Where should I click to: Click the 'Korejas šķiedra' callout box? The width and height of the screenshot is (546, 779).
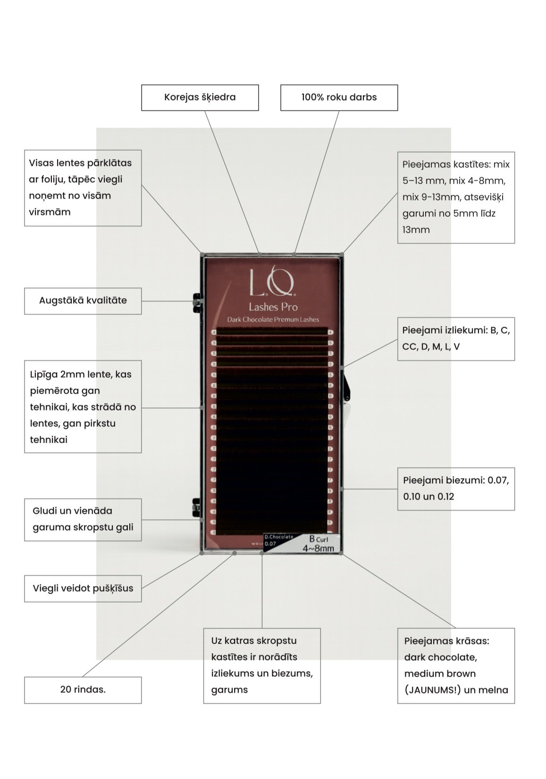pos(200,98)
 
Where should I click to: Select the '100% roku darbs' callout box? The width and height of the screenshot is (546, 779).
pos(339,98)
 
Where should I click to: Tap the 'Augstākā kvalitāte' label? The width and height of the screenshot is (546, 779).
pos(83,301)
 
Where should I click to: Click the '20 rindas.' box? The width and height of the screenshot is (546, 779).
pos(83,690)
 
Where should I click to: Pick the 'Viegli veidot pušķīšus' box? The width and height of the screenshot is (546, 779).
pos(83,588)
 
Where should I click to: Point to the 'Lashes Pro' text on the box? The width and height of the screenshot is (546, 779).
pos(273,307)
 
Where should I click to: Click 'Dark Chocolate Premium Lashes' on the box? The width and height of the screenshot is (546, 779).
pos(273,319)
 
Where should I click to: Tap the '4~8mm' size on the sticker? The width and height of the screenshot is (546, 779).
pos(318,548)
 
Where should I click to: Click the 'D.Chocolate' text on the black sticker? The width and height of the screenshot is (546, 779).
pos(278,537)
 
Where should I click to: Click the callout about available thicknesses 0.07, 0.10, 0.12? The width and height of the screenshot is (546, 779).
pos(455,489)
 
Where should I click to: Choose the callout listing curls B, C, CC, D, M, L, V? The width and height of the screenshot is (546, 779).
pos(455,338)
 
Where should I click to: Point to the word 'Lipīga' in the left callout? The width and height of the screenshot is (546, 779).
pos(42,375)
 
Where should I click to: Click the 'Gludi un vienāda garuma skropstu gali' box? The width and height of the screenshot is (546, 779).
pos(83,519)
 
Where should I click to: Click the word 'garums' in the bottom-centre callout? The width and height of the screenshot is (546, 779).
pos(229,690)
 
